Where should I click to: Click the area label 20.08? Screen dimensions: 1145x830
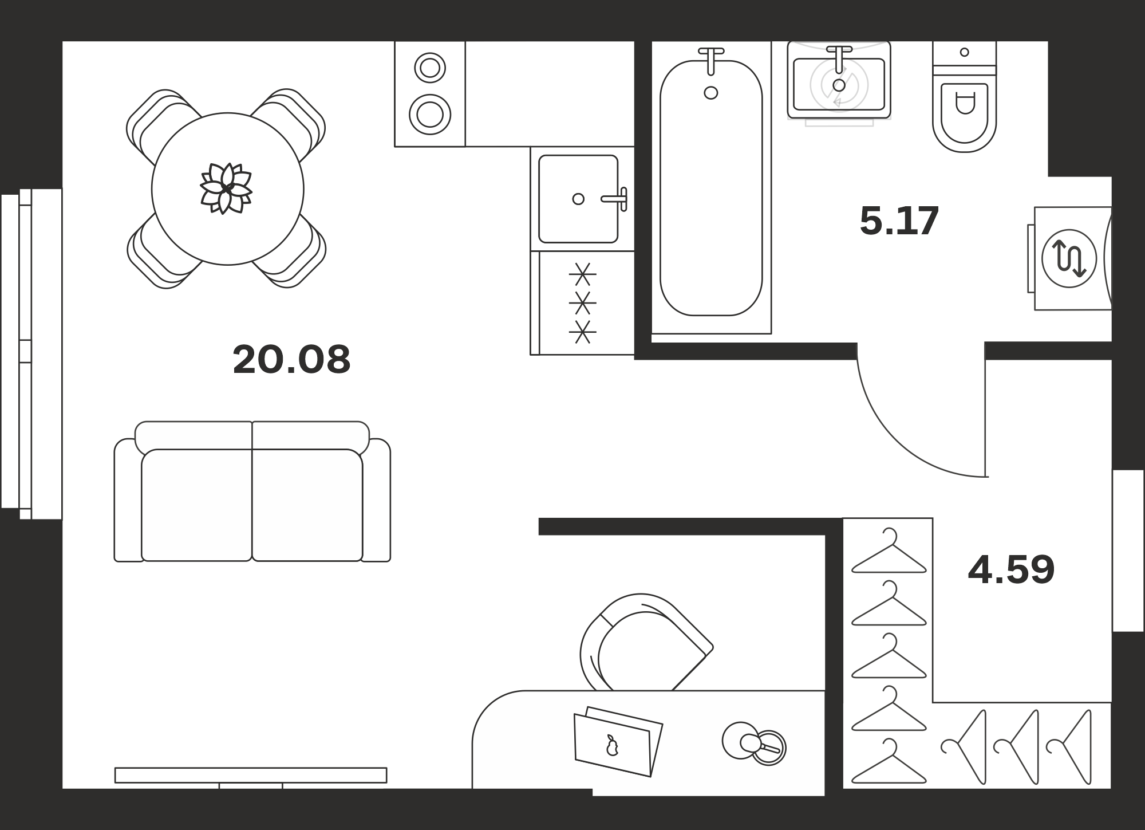[291, 360]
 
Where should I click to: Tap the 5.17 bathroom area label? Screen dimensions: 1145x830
[899, 221]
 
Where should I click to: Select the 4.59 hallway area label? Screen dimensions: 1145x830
[1011, 569]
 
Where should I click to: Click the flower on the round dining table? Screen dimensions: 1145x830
[226, 188]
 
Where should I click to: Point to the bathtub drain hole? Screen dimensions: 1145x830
[711, 93]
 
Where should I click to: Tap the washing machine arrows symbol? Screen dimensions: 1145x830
[1069, 258]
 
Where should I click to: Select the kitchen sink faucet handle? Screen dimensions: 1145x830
[615, 199]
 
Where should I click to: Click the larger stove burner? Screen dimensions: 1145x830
[430, 115]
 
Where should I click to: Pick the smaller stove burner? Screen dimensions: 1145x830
[430, 68]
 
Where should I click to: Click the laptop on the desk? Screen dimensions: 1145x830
[618, 742]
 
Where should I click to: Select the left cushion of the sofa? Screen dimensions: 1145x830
[196, 505]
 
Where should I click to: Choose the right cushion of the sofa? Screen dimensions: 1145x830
[307, 505]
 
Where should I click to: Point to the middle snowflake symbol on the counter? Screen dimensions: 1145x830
[582, 302]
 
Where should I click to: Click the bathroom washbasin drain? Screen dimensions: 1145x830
[839, 85]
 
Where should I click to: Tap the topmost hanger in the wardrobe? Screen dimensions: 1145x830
[889, 551]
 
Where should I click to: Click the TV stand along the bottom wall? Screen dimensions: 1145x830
[251, 775]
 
